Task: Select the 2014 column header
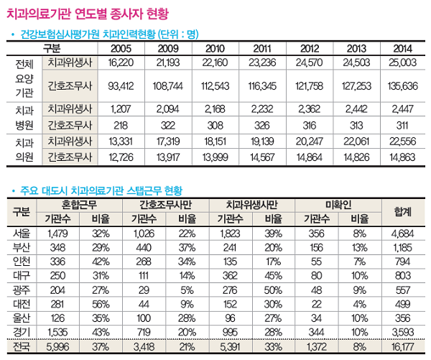point(402,47)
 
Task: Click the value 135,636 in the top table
point(402,86)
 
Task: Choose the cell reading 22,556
point(402,140)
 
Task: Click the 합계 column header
point(402,212)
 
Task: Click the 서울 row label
point(22,233)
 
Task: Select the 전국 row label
point(22,348)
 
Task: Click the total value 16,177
point(402,348)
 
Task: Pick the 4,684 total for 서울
point(402,233)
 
